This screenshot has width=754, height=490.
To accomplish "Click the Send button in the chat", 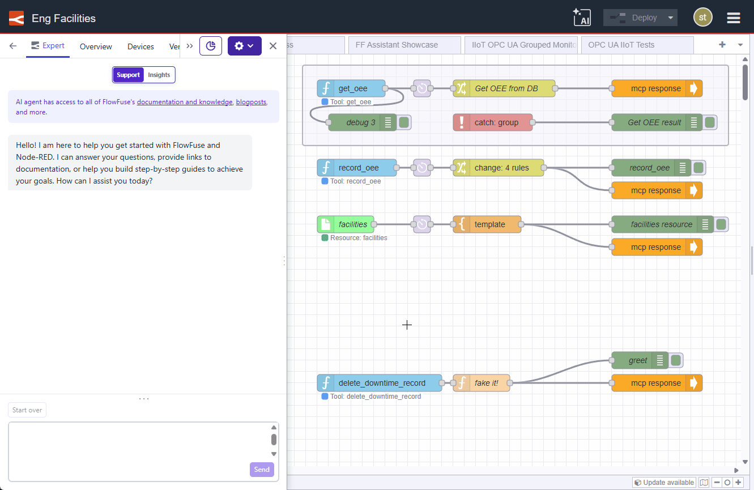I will (262, 470).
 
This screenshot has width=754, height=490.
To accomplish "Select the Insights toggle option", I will (159, 75).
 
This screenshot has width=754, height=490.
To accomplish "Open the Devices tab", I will (140, 46).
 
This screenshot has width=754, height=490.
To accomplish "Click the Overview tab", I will (96, 46).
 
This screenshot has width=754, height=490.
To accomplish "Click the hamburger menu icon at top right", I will (734, 18).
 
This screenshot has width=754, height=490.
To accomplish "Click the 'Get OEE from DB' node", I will (506, 88).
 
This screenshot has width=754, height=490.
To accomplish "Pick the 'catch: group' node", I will (496, 122).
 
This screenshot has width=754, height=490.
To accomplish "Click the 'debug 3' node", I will (360, 122).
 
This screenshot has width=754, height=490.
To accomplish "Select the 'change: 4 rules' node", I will (501, 168).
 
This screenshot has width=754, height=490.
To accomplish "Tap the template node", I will (489, 224).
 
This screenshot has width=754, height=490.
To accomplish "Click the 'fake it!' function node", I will (486, 383).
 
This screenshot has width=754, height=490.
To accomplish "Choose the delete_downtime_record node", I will (381, 383).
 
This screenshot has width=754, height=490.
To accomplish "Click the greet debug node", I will (637, 360).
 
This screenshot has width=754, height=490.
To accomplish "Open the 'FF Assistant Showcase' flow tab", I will (397, 45).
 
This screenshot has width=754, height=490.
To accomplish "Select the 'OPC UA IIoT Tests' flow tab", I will (621, 45).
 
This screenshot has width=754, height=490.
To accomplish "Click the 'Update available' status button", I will (664, 483).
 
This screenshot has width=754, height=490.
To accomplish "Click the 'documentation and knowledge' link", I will (185, 102).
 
